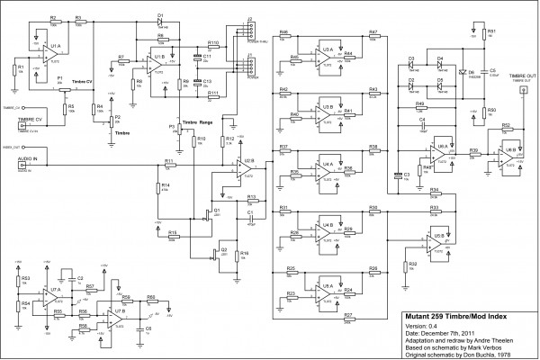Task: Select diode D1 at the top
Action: (159, 19)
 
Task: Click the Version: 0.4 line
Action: (423, 327)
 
